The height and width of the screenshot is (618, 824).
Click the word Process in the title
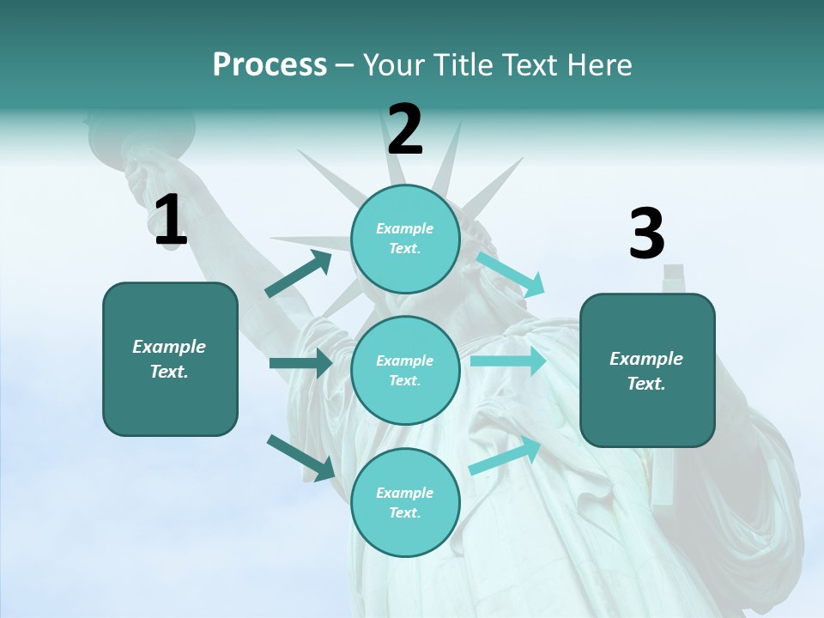coord(270,64)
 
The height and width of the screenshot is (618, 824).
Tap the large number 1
coord(170,221)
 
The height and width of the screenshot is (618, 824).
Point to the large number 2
coord(405,130)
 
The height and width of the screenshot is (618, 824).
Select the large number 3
coord(646,233)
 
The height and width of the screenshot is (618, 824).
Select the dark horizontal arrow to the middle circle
coord(300,363)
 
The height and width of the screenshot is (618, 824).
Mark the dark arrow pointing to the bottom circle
coord(300,457)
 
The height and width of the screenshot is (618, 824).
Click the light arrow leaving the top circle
coord(512,274)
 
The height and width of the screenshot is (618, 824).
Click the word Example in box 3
coord(646,359)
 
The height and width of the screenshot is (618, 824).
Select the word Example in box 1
coord(169,347)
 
